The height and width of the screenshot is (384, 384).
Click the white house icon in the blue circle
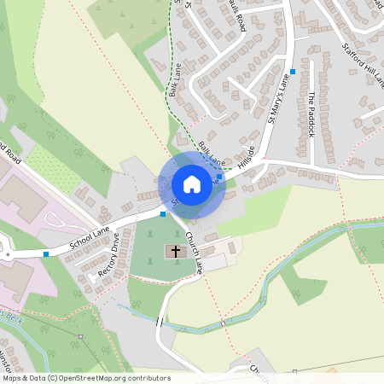pyautogui.click(x=192, y=184)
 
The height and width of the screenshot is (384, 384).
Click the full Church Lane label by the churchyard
pyautogui.click(x=194, y=253)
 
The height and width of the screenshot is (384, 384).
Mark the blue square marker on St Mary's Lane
pyautogui.click(x=293, y=71)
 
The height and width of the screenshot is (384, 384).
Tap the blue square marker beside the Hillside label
pyautogui.click(x=220, y=165)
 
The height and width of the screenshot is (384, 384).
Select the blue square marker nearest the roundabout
pyautogui.click(x=45, y=253)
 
